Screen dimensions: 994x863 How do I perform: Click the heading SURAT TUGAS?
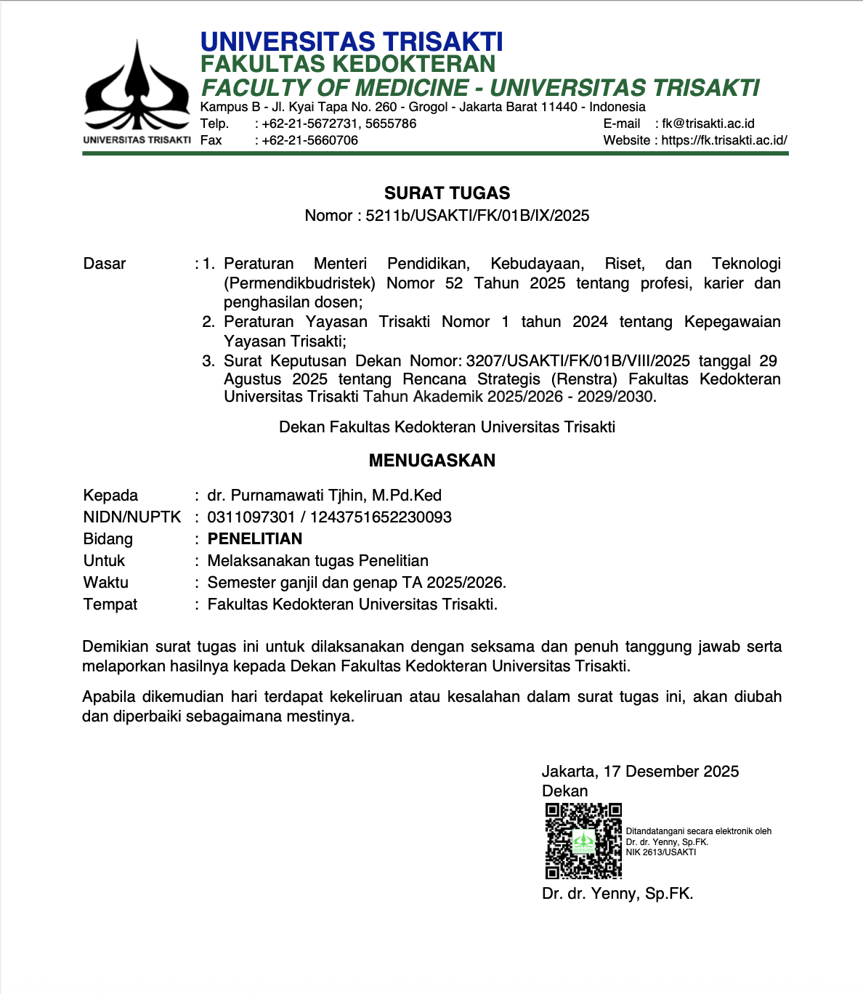tap(447, 193)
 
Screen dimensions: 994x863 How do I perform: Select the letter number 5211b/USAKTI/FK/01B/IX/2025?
tap(477, 216)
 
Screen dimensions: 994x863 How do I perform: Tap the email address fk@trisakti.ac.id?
tap(708, 124)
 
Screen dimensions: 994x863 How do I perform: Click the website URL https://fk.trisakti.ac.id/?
tap(724, 140)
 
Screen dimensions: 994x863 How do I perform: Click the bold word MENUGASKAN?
tap(431, 461)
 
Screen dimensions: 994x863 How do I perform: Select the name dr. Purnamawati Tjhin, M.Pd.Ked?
tap(324, 496)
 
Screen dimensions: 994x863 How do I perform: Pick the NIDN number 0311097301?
tap(251, 517)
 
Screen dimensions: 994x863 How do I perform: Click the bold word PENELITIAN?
tap(255, 539)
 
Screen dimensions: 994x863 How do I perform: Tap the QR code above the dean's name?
tap(583, 841)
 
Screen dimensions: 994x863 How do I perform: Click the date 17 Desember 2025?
tap(670, 772)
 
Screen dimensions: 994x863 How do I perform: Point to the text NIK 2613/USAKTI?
tap(660, 852)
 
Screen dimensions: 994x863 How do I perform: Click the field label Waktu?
tap(106, 583)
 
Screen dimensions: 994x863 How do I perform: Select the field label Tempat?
tap(110, 605)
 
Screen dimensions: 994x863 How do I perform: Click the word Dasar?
tap(105, 264)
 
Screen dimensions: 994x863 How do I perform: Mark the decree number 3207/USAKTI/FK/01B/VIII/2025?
tap(578, 361)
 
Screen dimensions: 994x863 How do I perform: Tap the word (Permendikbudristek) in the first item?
tap(299, 283)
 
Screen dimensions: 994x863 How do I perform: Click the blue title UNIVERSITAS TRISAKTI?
tap(352, 41)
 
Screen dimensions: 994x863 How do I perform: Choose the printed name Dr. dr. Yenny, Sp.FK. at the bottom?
tap(617, 894)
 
